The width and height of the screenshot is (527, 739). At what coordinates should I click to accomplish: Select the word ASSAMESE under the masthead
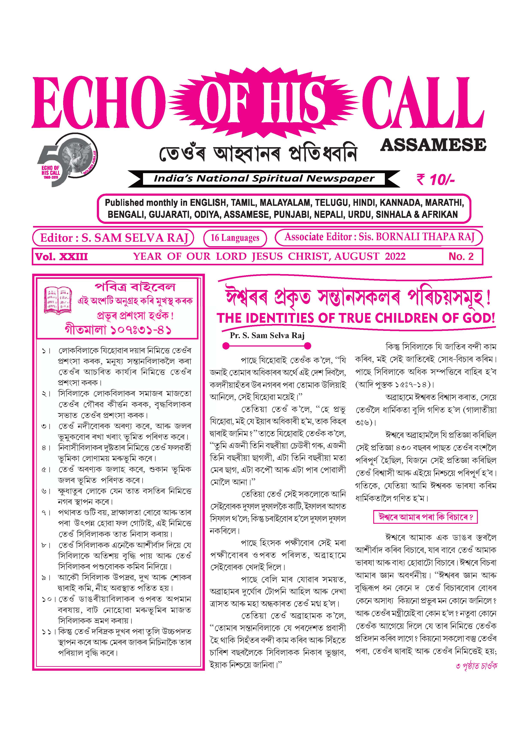[433, 145]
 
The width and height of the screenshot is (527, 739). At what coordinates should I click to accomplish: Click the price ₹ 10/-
[436, 179]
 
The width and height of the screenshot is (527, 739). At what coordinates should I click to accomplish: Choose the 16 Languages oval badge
[235, 238]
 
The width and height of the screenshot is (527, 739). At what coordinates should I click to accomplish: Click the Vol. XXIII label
[61, 257]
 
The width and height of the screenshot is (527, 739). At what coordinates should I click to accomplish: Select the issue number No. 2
[461, 257]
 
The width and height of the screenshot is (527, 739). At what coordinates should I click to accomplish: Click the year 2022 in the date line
[395, 257]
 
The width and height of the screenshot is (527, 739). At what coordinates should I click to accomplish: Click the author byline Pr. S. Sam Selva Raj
[267, 335]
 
